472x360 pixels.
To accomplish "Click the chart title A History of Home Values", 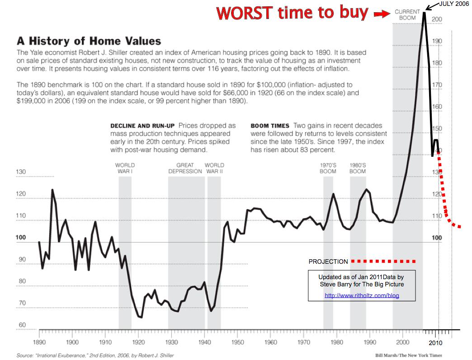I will click(x=89, y=41).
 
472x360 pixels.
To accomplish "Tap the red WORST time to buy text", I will click(x=292, y=13).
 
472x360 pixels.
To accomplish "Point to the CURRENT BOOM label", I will click(x=407, y=14).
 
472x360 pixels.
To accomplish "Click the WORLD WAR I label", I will click(x=125, y=168).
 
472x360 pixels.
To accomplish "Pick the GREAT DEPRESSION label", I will click(x=185, y=168).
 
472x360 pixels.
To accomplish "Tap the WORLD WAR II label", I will click(x=214, y=168).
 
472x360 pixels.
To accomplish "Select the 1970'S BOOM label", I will click(x=328, y=168).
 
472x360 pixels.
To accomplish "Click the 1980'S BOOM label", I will click(x=357, y=168).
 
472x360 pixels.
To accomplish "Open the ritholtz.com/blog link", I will click(x=362, y=296).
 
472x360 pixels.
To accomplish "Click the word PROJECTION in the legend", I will click(x=328, y=262).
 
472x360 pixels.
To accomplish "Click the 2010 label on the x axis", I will click(x=437, y=343).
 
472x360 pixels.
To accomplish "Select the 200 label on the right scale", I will click(x=437, y=19).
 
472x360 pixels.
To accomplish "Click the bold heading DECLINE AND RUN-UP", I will click(x=143, y=126).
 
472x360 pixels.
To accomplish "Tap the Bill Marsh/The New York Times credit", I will click(x=408, y=355).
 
